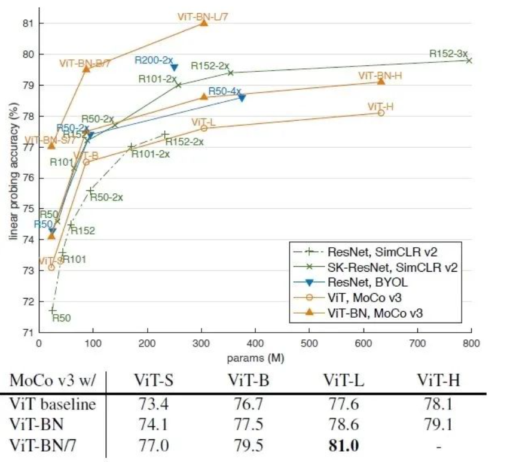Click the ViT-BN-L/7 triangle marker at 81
(x=204, y=22)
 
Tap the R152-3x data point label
(x=448, y=54)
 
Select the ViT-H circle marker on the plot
(x=381, y=113)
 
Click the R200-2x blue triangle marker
(x=174, y=68)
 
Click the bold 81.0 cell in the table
(x=342, y=446)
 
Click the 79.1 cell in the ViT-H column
(x=438, y=425)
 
